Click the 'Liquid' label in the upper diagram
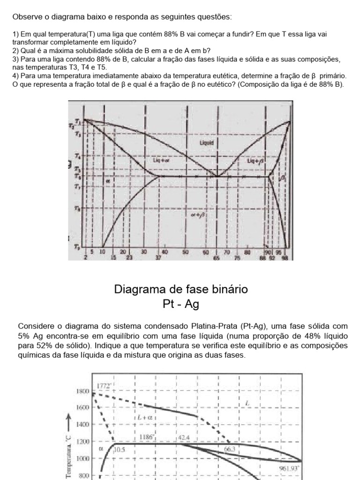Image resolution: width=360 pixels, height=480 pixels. pos(207,142)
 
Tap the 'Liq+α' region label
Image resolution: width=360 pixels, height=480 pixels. pos(161,160)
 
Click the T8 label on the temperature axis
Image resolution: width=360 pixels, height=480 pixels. pos(78,208)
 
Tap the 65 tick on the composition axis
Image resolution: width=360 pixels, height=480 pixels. pos(216,257)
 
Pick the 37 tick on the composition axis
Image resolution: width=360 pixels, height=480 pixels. pos(158,257)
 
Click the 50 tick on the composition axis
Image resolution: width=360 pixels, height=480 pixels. pos(185,252)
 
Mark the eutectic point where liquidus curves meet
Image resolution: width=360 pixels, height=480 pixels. pos(217,176)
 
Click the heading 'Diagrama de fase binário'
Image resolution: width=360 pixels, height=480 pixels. pos(180,290)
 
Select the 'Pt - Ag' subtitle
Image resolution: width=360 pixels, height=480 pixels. pos(180,304)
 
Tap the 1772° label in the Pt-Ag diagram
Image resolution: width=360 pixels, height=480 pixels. pos(103,386)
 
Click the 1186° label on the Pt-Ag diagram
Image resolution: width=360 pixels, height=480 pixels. pos(147,437)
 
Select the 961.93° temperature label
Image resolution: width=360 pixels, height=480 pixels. pos(288,468)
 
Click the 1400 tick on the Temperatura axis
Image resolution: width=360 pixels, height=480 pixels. pos(82,424)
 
